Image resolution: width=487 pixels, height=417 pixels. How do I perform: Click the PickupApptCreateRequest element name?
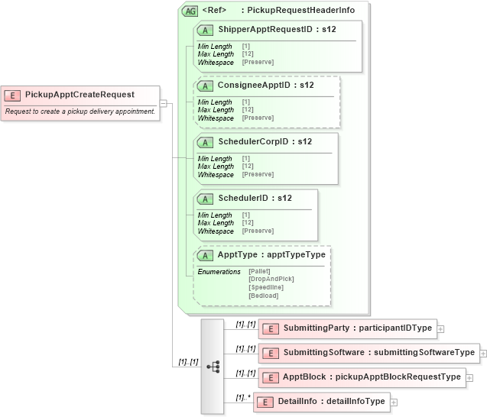[x=80, y=95]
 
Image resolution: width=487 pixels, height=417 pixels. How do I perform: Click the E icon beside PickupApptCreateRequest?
[x=13, y=95]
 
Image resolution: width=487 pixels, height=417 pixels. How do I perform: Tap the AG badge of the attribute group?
[x=189, y=11]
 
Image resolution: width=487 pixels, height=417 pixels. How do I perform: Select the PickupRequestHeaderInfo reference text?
[x=300, y=11]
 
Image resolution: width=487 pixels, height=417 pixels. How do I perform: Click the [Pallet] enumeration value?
[x=260, y=272]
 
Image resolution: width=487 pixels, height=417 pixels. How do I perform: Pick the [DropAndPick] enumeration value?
[x=271, y=280]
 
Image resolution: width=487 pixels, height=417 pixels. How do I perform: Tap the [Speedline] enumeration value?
[x=267, y=288]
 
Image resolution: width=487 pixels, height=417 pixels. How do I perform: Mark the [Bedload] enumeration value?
[x=264, y=296]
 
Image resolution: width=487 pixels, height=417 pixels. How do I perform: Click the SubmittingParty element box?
[x=348, y=328]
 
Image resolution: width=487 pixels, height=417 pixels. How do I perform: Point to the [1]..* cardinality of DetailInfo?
[x=243, y=397]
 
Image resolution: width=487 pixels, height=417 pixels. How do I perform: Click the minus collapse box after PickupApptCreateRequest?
[x=164, y=102]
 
